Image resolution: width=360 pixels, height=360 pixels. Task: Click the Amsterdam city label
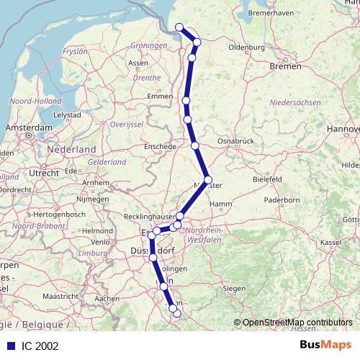point(29,127)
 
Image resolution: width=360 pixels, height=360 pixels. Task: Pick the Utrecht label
point(44,174)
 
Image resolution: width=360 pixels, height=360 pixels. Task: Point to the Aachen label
point(107,298)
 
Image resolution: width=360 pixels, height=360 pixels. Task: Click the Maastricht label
point(60,296)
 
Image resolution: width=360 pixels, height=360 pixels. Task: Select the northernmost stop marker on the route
point(180,28)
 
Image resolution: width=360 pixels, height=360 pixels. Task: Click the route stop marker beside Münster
point(208,180)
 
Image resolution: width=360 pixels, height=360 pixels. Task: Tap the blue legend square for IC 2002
point(9,346)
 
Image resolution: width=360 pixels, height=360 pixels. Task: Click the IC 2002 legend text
point(40,346)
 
